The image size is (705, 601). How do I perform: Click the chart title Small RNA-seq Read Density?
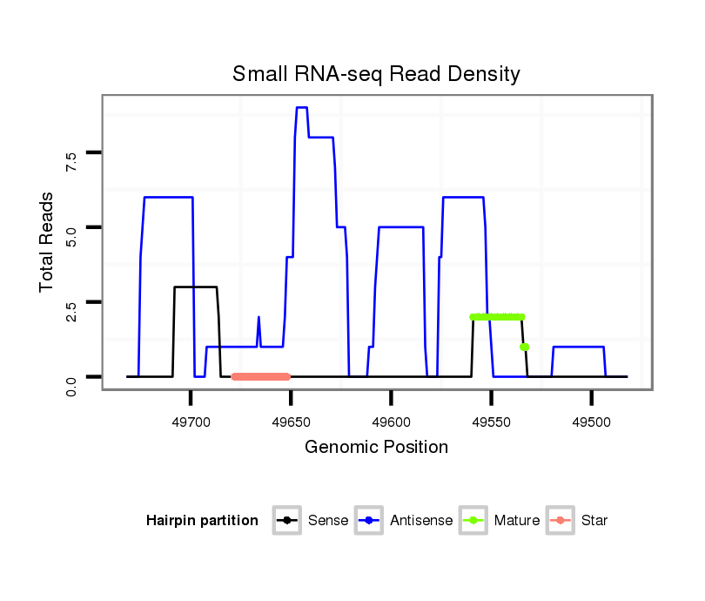pyautogui.click(x=376, y=74)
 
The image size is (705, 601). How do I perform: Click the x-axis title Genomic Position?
pyautogui.click(x=376, y=448)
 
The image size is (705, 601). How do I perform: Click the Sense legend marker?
pyautogui.click(x=286, y=521)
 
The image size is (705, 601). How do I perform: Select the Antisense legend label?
pyautogui.click(x=421, y=521)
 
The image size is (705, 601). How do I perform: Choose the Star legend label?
pyautogui.click(x=594, y=521)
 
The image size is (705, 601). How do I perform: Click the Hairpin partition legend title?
pyautogui.click(x=202, y=521)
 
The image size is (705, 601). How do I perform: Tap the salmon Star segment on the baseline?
pyautogui.click(x=261, y=376)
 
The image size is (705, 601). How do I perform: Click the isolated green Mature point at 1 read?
pyautogui.click(x=524, y=347)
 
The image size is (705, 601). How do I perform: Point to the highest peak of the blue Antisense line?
pyautogui.click(x=301, y=108)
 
